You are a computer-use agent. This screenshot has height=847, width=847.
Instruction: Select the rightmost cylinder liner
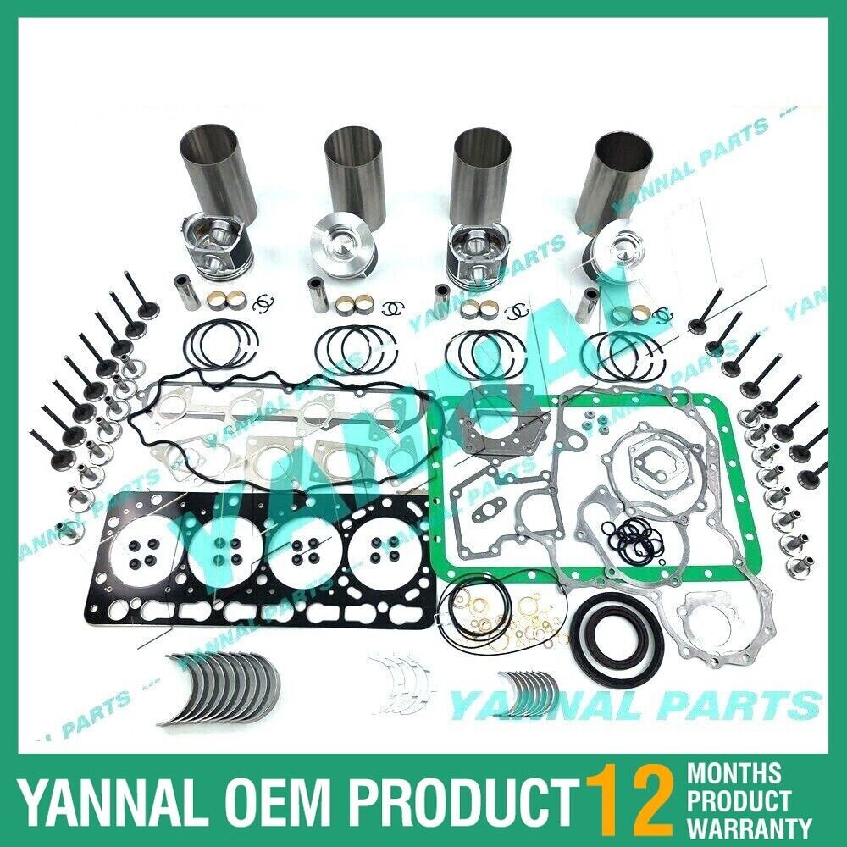(623, 174)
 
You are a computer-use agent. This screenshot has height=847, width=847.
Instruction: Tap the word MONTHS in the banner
(735, 773)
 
